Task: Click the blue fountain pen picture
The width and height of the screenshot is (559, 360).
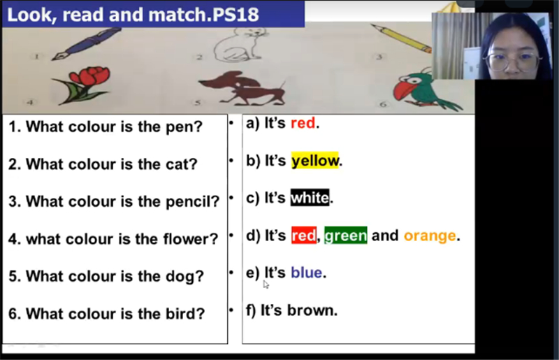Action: (x=87, y=43)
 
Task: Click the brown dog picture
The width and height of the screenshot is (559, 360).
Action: (x=243, y=88)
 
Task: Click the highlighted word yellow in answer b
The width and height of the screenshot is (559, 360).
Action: (x=315, y=161)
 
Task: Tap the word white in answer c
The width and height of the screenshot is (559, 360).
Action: (x=310, y=198)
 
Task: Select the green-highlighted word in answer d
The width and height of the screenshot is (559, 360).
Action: (x=345, y=236)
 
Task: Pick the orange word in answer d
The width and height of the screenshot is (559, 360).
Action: (x=430, y=236)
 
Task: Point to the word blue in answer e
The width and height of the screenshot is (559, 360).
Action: (x=307, y=273)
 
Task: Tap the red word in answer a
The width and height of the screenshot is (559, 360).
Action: (x=303, y=123)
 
